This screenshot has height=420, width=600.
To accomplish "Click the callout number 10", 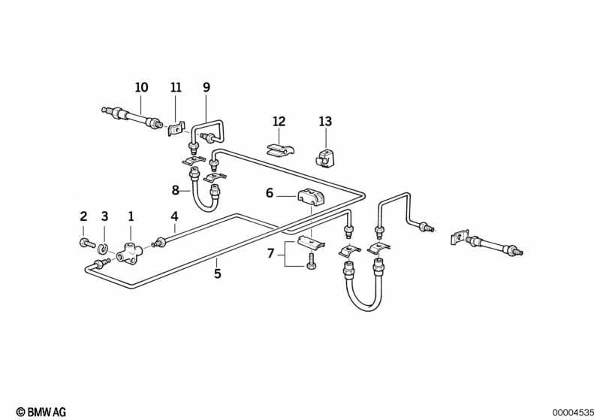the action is click(141, 87).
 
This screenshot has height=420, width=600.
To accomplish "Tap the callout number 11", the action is click(176, 87).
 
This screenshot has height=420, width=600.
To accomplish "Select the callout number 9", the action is click(207, 87).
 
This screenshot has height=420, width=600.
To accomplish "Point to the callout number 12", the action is click(279, 122).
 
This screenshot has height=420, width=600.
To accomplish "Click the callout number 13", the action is click(325, 122).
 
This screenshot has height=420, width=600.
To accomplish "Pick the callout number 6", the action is click(270, 193).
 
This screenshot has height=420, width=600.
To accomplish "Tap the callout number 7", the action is click(270, 253).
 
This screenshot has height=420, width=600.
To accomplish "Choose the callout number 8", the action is click(175, 190).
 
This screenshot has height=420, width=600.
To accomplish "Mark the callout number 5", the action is click(217, 273).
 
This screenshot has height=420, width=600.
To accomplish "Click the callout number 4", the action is click(174, 216).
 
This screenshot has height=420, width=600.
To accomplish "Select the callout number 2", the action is click(83, 216).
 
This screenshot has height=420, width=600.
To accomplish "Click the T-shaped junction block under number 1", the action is click(130, 252).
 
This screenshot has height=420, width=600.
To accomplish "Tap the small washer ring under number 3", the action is click(102, 249).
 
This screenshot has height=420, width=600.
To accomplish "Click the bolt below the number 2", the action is click(87, 243).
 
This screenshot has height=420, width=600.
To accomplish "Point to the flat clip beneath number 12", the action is click(279, 150).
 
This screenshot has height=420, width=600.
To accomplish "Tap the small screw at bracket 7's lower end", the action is click(311, 261).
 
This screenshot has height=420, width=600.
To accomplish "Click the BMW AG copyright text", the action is click(41, 412).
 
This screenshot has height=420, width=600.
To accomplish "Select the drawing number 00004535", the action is click(573, 412).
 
